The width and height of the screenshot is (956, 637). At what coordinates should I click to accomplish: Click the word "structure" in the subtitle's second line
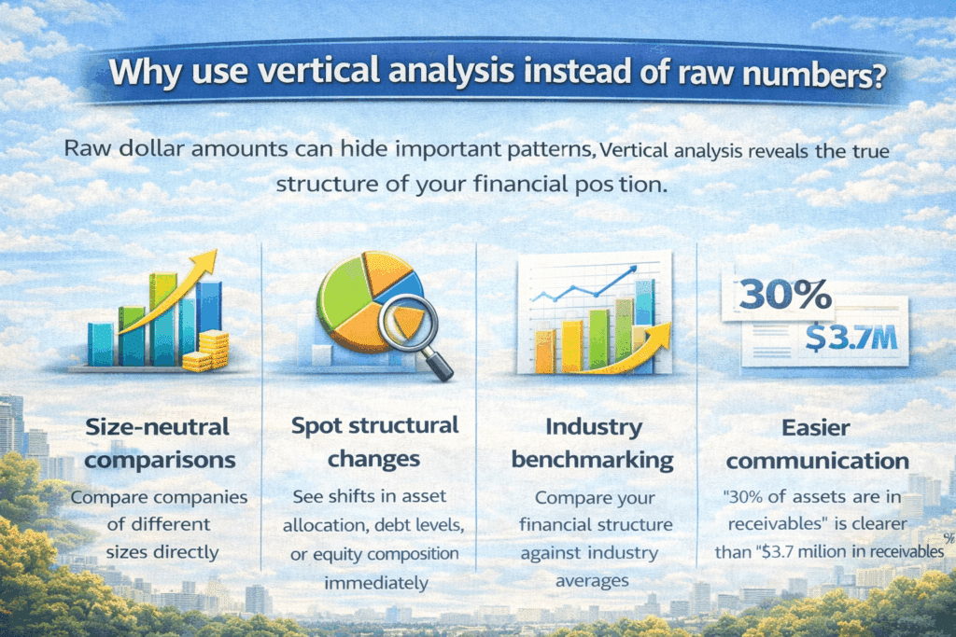tap(322, 184)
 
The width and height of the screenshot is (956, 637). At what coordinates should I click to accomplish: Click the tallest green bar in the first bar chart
tap(162, 317)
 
